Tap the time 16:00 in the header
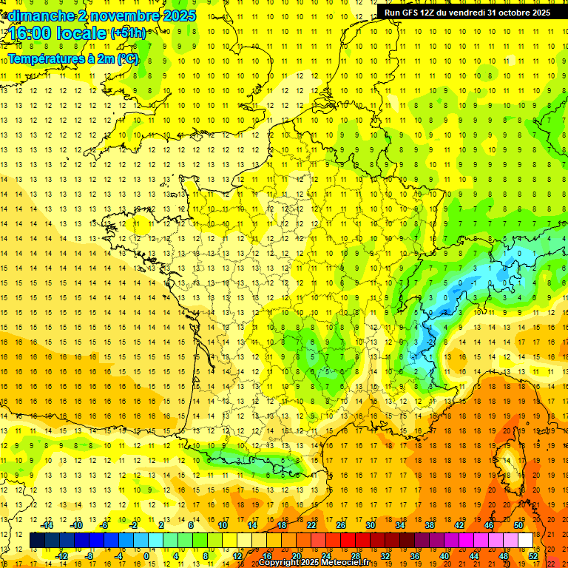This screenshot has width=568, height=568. [x=31, y=34]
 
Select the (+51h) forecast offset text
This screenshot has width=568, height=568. [x=127, y=33]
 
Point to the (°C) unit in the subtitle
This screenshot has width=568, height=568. [x=127, y=58]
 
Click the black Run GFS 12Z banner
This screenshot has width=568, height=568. [x=467, y=12]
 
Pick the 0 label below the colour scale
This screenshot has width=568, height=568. [x=146, y=556]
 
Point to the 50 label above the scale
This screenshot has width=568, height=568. [x=518, y=525]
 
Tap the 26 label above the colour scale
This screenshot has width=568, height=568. [x=341, y=525]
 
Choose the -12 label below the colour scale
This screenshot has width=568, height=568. [x=61, y=556]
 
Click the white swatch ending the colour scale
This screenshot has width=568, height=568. [x=526, y=541]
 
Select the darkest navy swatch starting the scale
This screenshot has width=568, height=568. [x=37, y=541]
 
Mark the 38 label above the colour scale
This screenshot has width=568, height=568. [x=430, y=525]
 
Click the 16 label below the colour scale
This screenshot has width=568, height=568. [x=267, y=556]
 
